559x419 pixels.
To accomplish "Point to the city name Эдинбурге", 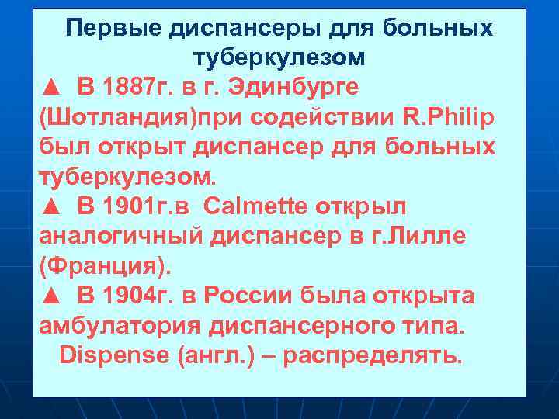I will point(293,88).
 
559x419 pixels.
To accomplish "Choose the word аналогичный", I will point(120,237).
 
